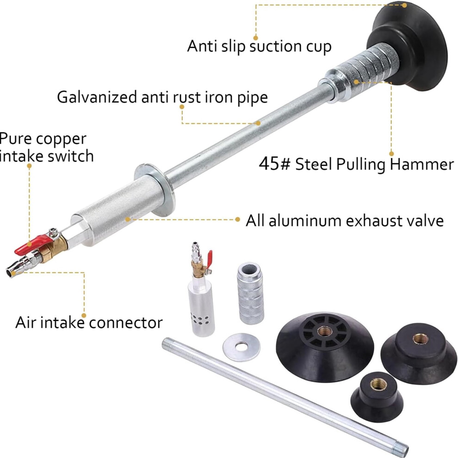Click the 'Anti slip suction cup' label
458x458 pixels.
pyautogui.click(x=259, y=46)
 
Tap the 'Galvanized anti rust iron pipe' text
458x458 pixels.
pyautogui.click(x=162, y=97)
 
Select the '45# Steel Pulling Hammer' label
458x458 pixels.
pyautogui.click(x=356, y=164)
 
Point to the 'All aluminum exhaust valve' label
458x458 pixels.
pyautogui.click(x=345, y=221)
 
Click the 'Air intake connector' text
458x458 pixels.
pyautogui.click(x=89, y=323)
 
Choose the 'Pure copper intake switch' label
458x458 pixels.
pyautogui.click(x=47, y=147)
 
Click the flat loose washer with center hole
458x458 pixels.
pyautogui.click(x=241, y=347)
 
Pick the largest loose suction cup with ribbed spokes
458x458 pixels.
pyautogui.click(x=325, y=346)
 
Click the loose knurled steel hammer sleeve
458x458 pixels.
pyautogui.click(x=251, y=293)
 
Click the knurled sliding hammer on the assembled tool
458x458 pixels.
pyautogui.click(x=362, y=72)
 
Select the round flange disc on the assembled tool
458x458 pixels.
pyautogui.click(x=155, y=190)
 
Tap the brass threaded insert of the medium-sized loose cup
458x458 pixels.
pyautogui.click(x=421, y=339)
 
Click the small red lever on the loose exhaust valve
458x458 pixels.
pyautogui.click(x=209, y=260)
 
